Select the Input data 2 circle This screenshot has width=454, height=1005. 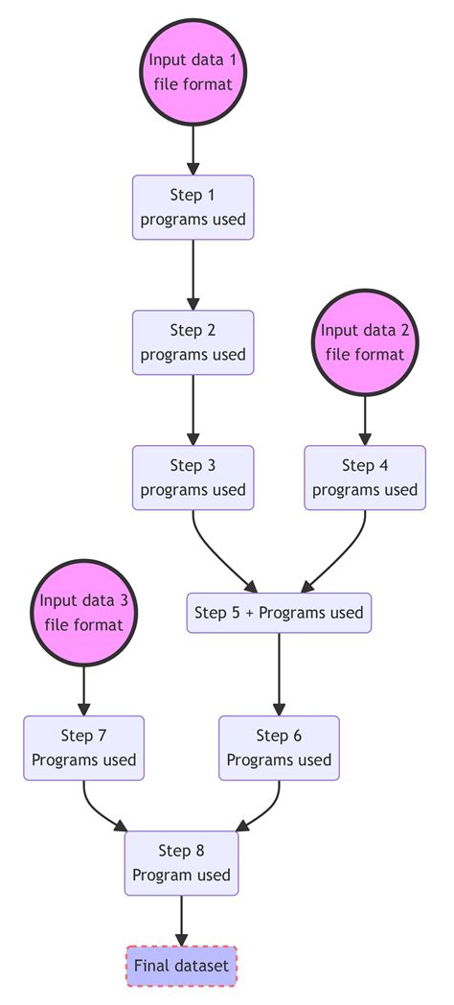[x=365, y=342]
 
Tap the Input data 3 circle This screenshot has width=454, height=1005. [x=84, y=613]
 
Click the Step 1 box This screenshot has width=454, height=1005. [x=193, y=207]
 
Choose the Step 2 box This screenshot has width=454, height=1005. [x=193, y=342]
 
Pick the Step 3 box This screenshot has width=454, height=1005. [x=193, y=478]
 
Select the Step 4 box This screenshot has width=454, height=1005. [x=365, y=478]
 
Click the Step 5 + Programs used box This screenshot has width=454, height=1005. [x=279, y=613]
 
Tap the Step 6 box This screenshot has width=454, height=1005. [x=279, y=748]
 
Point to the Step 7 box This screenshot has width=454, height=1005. [x=84, y=748]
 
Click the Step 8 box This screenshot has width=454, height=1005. [x=181, y=862]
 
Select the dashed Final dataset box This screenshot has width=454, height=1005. [x=181, y=966]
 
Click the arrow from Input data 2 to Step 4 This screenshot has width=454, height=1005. [x=365, y=420]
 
